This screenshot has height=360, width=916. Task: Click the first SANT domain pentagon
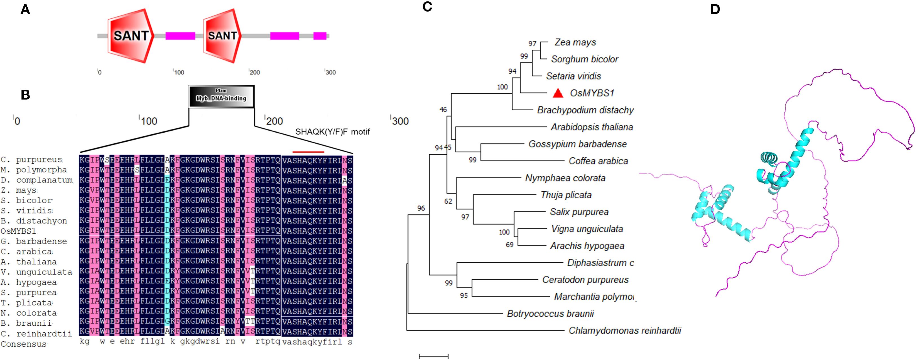click(x=131, y=36)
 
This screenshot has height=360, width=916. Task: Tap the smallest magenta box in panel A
click(x=320, y=36)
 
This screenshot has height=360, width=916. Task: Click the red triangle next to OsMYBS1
click(x=558, y=93)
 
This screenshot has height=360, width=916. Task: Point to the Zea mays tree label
click(x=575, y=42)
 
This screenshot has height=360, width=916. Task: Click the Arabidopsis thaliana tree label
click(x=592, y=127)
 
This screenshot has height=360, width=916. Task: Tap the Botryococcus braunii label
click(x=550, y=314)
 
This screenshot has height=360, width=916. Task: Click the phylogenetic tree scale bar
click(x=433, y=356)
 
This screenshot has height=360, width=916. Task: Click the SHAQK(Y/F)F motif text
click(x=332, y=132)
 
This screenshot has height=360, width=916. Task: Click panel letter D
click(x=715, y=10)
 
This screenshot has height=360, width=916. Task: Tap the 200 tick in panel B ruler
click(x=274, y=121)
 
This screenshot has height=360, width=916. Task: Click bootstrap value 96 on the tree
click(x=421, y=208)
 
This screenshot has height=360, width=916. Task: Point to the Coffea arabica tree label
click(x=598, y=161)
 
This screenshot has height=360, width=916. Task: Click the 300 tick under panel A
click(x=330, y=72)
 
